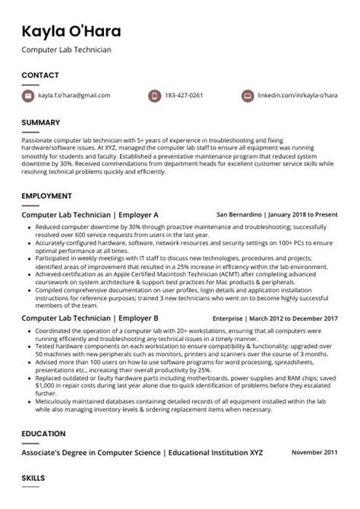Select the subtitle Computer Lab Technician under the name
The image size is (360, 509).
point(66,50)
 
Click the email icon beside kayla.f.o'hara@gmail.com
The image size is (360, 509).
point(29,96)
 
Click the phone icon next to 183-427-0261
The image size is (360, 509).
point(154,96)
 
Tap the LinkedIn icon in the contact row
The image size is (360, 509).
point(247,96)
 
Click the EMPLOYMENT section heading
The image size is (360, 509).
point(47,196)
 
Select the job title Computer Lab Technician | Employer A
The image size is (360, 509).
point(90,215)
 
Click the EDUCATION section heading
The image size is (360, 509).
point(43,435)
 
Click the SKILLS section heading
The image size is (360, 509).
point(34,479)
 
